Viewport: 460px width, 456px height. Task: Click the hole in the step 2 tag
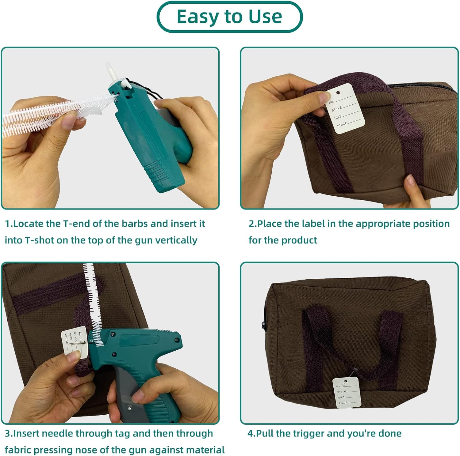click(x=338, y=92)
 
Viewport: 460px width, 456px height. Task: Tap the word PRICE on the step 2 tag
click(x=342, y=124)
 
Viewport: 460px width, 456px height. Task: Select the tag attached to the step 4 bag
click(x=345, y=393)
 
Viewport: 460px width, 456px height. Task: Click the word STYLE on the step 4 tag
click(x=341, y=392)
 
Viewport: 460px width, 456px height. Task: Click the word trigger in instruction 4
click(x=309, y=434)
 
